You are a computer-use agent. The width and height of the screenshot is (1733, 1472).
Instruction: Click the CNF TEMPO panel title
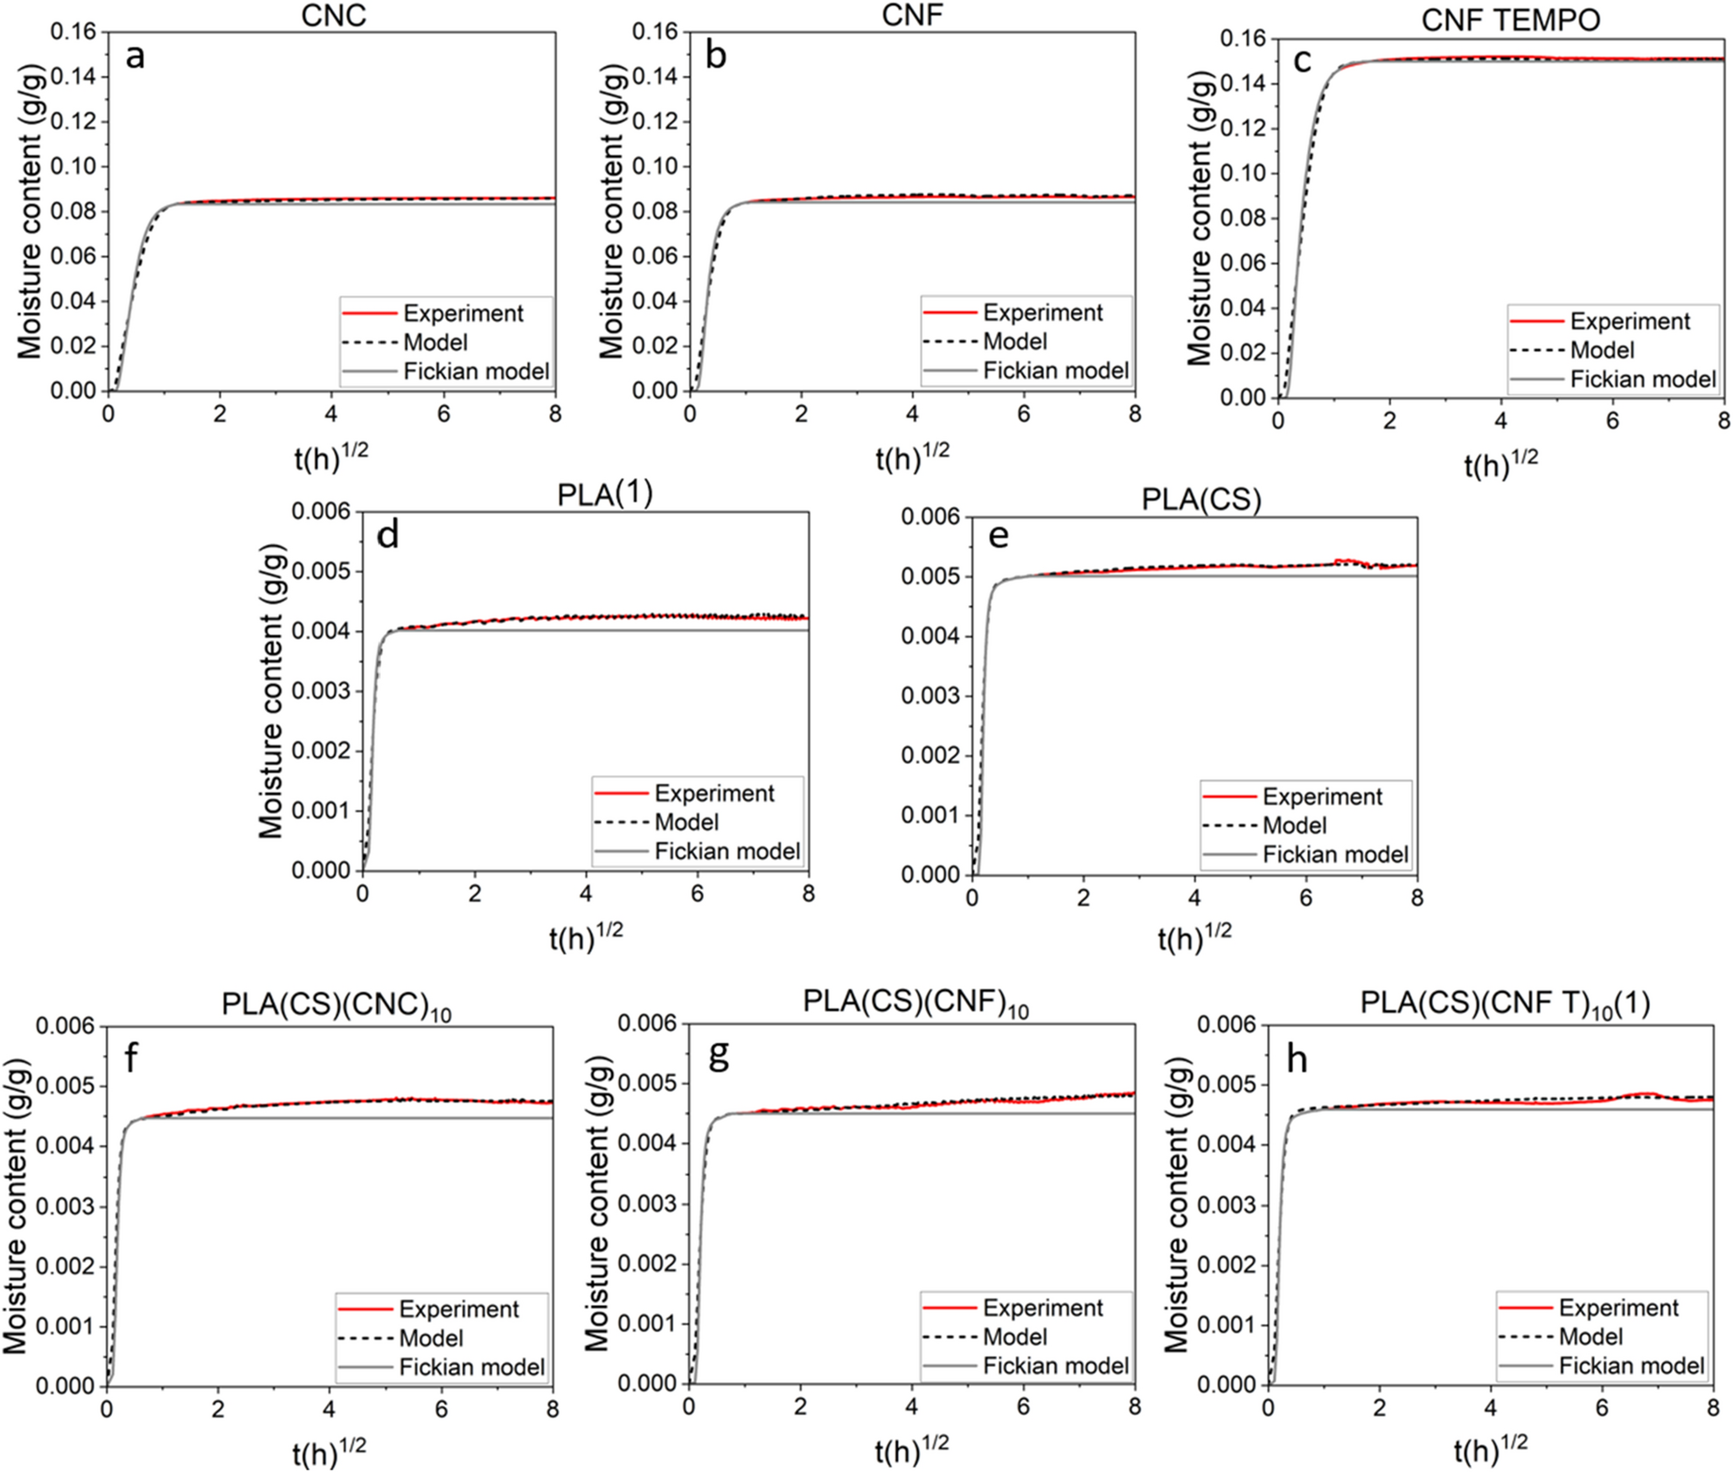(1510, 19)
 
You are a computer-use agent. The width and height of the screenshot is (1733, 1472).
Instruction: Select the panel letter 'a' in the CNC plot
(135, 57)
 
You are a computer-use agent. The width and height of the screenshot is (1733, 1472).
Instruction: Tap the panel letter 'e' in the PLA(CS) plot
(998, 535)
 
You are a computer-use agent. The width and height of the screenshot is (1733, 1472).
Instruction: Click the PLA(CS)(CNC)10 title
(337, 1005)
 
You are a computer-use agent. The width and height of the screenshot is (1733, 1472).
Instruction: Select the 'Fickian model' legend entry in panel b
(1055, 371)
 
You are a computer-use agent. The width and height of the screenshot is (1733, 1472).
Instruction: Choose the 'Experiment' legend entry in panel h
(1618, 1308)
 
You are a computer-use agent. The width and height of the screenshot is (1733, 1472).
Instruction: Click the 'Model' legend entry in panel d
(686, 823)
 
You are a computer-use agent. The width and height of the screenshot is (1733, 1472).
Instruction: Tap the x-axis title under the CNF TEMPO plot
(1500, 463)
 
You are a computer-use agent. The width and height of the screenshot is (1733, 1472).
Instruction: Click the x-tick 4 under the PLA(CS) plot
(1194, 898)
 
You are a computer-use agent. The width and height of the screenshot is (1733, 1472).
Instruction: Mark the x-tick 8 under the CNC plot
(555, 413)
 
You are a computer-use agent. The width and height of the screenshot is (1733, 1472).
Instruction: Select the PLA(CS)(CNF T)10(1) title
(1505, 1003)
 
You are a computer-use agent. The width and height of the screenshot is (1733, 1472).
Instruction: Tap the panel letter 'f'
(131, 1059)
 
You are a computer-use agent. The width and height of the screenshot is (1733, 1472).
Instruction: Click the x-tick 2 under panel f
(218, 1409)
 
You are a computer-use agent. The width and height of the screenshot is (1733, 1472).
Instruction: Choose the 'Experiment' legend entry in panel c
(1630, 322)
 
